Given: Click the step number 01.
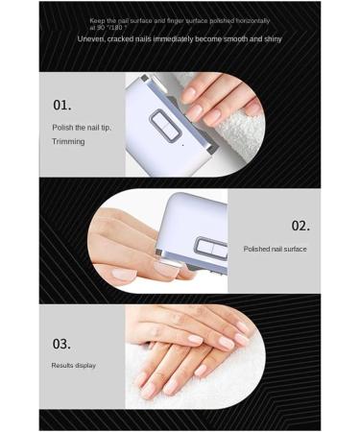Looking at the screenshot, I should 61,105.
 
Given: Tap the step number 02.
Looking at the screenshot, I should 300,226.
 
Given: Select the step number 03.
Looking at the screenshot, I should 61,344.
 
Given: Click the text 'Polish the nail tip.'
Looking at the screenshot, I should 81,127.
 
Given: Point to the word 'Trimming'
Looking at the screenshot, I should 68,142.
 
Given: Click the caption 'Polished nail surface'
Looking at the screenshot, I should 275,249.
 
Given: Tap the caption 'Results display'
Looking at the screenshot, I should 74,366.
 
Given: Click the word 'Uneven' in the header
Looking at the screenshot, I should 90,39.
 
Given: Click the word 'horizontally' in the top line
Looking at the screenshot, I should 251,20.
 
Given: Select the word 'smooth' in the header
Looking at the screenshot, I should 228,39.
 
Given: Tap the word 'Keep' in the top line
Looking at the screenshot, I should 98,20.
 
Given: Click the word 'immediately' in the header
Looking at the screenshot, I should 175,39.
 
